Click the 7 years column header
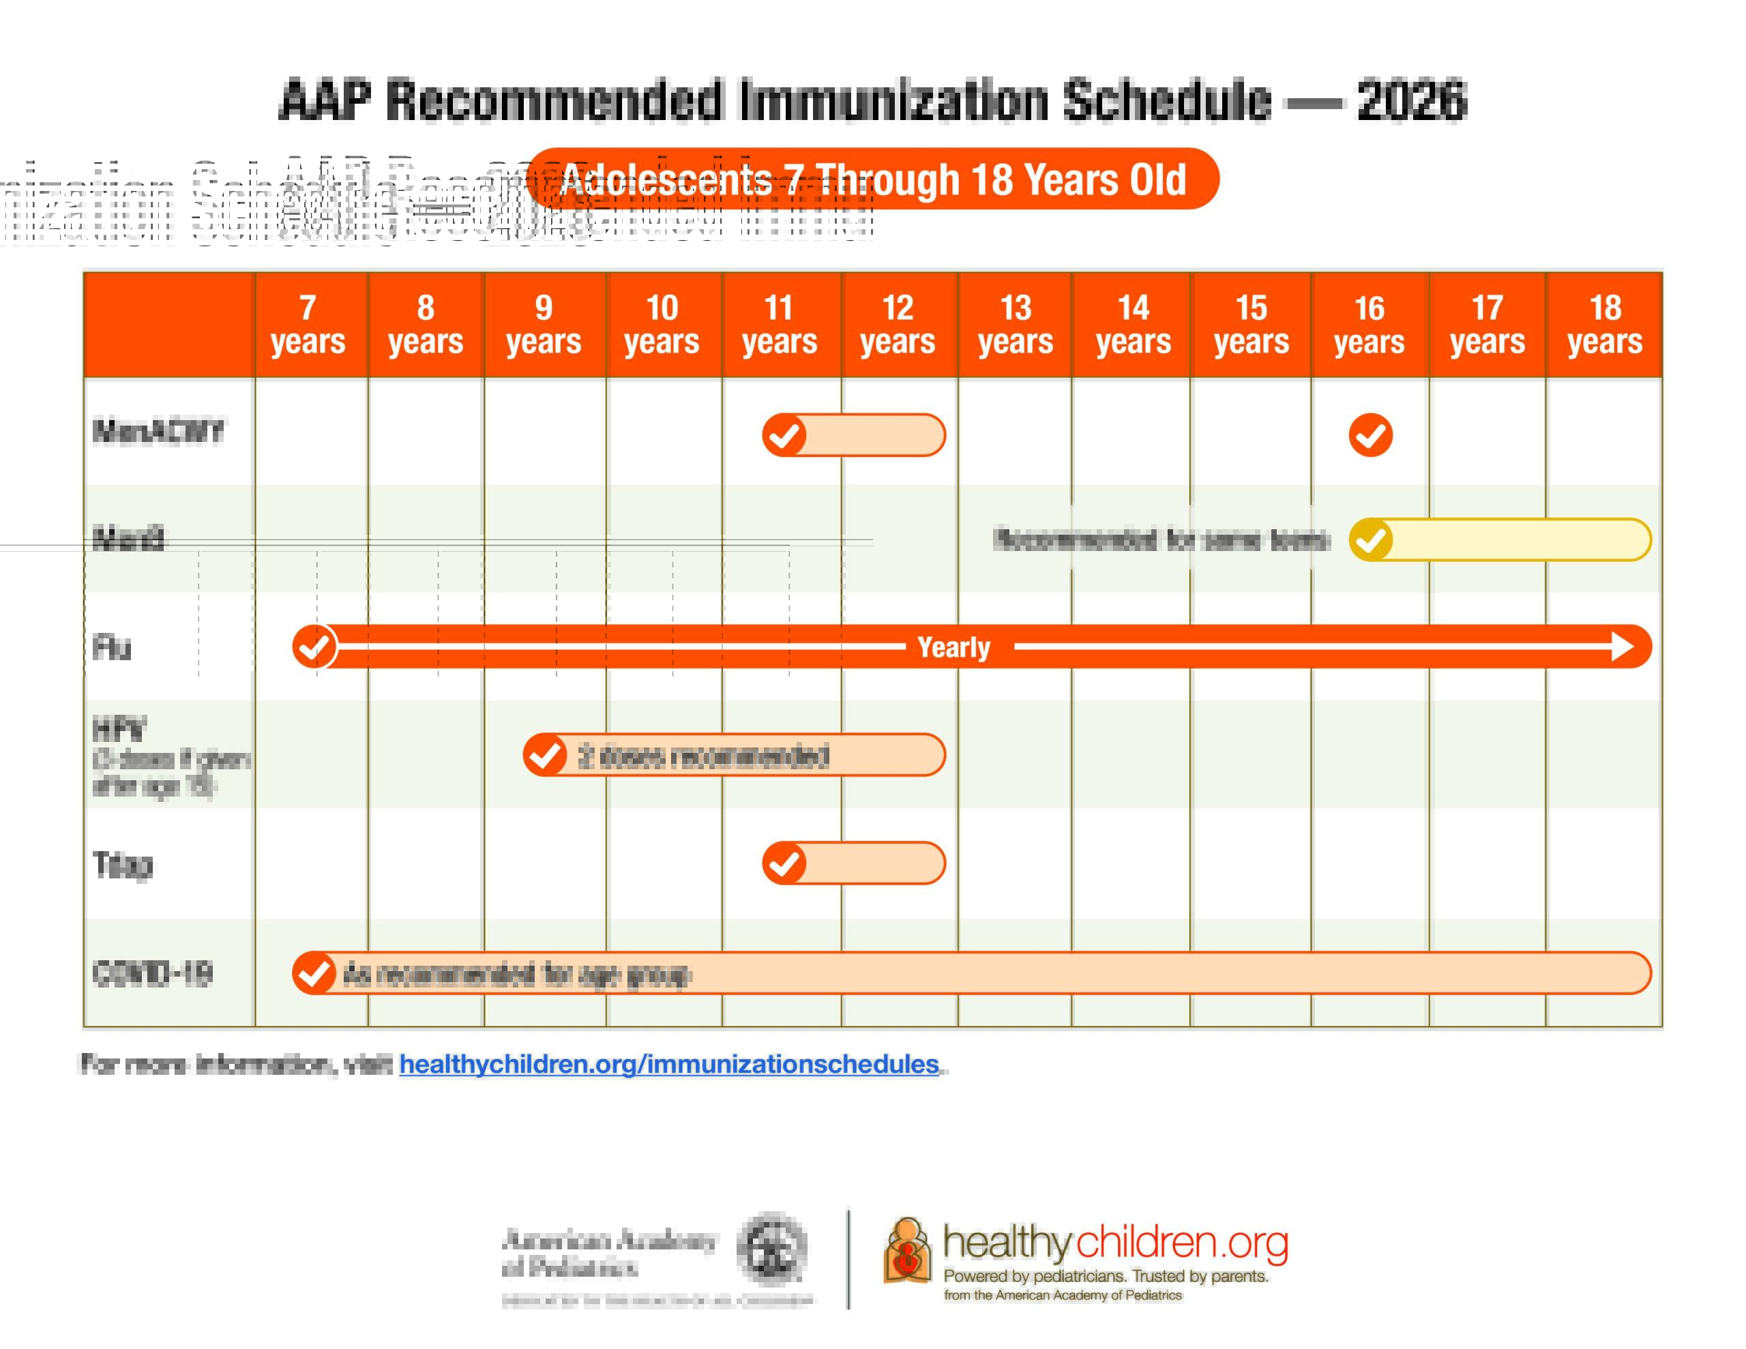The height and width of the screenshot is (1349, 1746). coord(308,324)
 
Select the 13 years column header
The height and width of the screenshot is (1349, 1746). coord(1016,324)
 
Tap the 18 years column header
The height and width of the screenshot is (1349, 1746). coord(1605,324)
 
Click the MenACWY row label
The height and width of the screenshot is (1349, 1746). coord(158,432)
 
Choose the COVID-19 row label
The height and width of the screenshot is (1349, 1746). coord(153,973)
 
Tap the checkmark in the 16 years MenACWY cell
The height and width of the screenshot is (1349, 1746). coord(1370,435)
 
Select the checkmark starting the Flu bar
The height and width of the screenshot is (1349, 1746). coord(314,646)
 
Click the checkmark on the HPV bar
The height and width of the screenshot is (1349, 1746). coord(545,755)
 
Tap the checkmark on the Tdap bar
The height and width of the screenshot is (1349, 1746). coord(784,863)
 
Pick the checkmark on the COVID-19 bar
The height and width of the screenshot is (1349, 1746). coord(314,973)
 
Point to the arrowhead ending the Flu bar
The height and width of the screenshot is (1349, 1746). coord(1623,646)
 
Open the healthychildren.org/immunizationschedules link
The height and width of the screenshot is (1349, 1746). coord(669,1065)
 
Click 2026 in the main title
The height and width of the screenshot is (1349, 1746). coord(1412,100)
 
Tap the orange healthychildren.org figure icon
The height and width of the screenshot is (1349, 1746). coord(907,1251)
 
